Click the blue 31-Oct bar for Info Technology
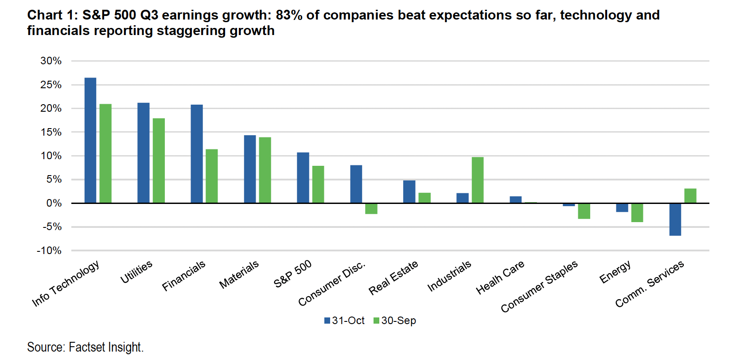click(90, 141)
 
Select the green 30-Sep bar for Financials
click(212, 176)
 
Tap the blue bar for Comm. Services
click(675, 219)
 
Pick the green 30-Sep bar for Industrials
click(478, 180)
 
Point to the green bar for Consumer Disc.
click(371, 209)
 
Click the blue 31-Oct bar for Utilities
click(144, 153)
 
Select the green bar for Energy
click(637, 213)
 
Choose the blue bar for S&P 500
click(303, 178)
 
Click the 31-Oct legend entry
click(344, 321)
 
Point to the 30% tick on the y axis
click(51, 61)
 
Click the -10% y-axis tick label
click(49, 250)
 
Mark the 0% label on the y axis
click(54, 203)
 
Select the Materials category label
click(239, 274)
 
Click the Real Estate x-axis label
click(393, 278)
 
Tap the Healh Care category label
click(500, 278)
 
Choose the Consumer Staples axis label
click(539, 286)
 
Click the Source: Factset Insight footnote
click(86, 347)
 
